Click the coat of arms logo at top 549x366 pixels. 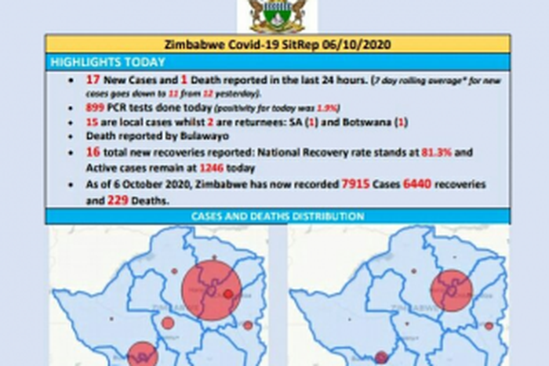point(277,14)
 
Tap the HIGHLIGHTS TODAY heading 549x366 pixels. point(107,62)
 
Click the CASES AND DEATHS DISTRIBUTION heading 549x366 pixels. point(278,216)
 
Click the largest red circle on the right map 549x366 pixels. point(453,290)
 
